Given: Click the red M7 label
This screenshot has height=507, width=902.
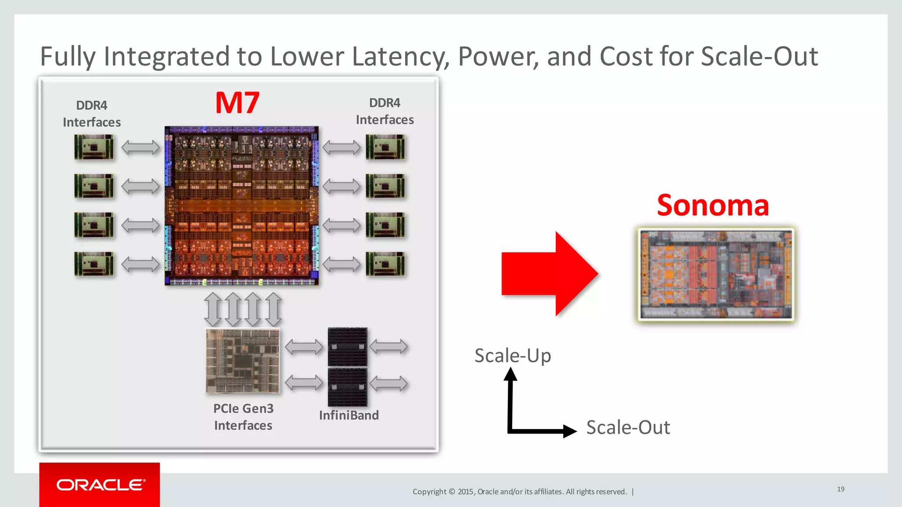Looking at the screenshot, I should [x=237, y=103].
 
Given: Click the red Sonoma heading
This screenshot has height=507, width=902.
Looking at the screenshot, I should [x=713, y=205].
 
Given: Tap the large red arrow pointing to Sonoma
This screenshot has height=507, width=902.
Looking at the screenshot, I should [x=551, y=274].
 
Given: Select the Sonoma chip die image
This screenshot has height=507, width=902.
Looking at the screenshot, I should [x=716, y=274].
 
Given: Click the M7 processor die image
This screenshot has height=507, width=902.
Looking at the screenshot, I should [x=241, y=206].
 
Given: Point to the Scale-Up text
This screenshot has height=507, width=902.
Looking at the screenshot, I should [x=513, y=356].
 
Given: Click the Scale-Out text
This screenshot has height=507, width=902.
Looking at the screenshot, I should [x=628, y=427].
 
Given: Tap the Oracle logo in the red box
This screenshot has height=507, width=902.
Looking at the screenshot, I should [x=100, y=485].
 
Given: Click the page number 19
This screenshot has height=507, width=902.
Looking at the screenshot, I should [x=840, y=489].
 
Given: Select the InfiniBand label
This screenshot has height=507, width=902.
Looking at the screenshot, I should [x=349, y=415].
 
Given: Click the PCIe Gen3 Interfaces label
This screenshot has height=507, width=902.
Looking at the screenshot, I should [x=243, y=417].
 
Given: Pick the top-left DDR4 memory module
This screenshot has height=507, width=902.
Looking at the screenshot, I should [x=94, y=147].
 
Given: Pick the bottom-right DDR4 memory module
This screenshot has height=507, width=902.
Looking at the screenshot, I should [x=385, y=264].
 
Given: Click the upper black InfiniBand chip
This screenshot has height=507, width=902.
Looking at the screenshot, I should [x=347, y=347].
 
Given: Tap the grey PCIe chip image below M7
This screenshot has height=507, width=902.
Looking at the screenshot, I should [x=243, y=361].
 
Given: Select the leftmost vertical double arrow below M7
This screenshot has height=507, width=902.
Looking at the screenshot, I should [x=213, y=309].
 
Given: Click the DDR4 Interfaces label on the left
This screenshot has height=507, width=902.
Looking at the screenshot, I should [x=92, y=114].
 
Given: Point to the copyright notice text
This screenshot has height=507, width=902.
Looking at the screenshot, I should [x=520, y=492].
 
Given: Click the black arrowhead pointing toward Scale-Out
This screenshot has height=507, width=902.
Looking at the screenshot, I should [x=569, y=431].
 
